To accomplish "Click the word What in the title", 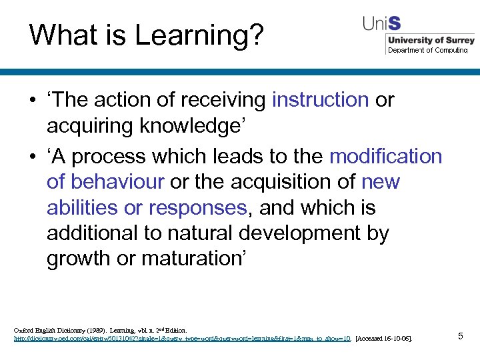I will pos(60,35).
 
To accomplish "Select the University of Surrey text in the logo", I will pos(430,41).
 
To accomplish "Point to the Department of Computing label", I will pos(428,50).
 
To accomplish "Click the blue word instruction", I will pos(320,100).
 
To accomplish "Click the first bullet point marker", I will pos(31,101).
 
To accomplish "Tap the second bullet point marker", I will pos(31,157).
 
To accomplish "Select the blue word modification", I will pos(385,156).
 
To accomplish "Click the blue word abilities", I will pos(83,207).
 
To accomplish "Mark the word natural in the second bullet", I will pos(203,233).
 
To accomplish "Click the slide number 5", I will pos(460,336).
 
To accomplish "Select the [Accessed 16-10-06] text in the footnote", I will pos(385,339).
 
